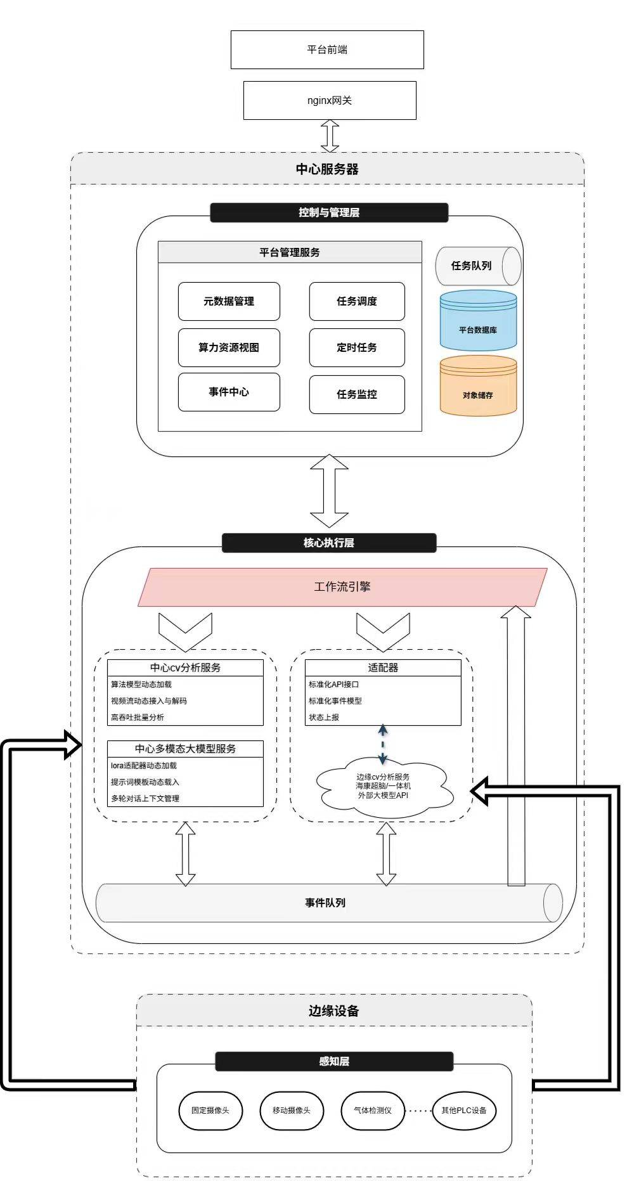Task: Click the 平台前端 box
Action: (x=327, y=49)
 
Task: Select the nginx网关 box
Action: (x=330, y=100)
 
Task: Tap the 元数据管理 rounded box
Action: (x=229, y=301)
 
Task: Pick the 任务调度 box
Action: (x=357, y=301)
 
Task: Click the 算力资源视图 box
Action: (x=229, y=347)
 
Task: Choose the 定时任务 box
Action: (x=357, y=347)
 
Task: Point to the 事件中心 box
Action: (x=229, y=392)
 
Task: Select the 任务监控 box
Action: (x=357, y=394)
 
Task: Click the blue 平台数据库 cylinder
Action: (x=479, y=320)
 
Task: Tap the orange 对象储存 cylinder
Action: (x=479, y=385)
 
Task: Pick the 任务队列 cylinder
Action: (x=479, y=266)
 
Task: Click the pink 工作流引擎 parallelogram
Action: (x=342, y=587)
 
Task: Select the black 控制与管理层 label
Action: (x=329, y=212)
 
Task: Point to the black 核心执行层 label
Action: (x=329, y=543)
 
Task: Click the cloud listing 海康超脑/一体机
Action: (x=383, y=786)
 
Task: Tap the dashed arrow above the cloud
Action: (x=383, y=745)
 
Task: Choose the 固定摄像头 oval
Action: (x=210, y=1110)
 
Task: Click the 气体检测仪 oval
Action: (x=373, y=1110)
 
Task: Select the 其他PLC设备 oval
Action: (x=464, y=1110)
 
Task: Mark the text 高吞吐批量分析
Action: (x=138, y=717)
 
